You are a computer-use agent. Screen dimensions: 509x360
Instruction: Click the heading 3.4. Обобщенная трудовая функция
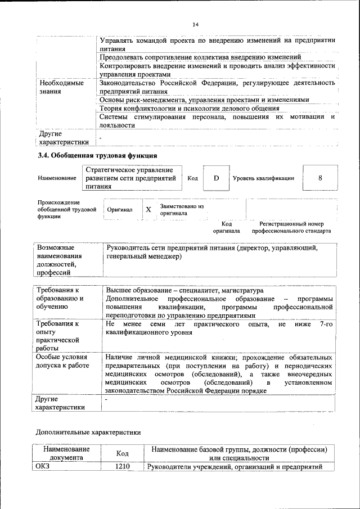(97, 155)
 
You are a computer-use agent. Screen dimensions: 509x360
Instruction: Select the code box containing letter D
(215, 178)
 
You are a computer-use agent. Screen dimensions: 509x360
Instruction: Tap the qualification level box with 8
(319, 178)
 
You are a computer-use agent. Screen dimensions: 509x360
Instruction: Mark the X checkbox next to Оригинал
(148, 209)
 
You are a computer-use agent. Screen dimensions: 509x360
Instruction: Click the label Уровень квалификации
(263, 178)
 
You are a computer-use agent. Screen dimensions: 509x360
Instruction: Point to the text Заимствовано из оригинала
(181, 210)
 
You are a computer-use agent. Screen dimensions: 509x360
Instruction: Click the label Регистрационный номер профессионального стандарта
(291, 227)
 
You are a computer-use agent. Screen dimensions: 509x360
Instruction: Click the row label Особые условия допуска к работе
(62, 361)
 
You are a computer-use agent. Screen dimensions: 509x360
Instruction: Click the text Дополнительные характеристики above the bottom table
(88, 432)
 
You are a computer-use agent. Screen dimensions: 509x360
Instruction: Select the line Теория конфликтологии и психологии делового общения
(189, 108)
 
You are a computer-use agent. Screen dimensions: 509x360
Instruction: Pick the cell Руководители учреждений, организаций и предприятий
(233, 467)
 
